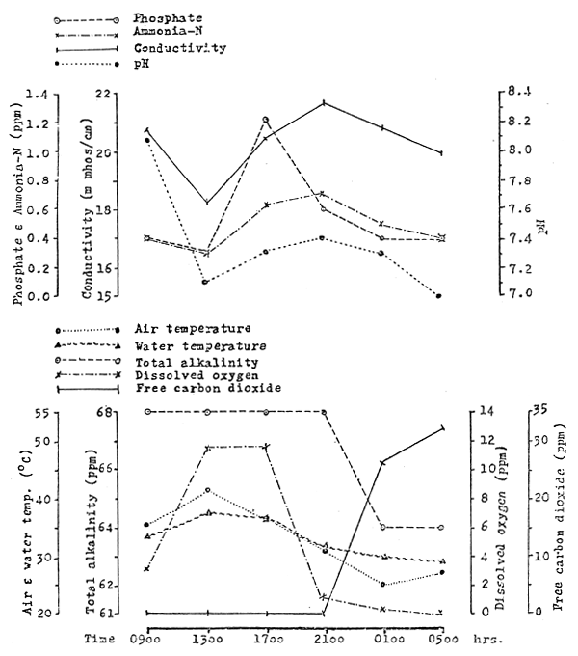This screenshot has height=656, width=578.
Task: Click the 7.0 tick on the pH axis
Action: [x=517, y=294]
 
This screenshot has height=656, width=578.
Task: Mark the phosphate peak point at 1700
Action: [x=265, y=119]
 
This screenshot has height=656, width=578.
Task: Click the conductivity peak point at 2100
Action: [x=325, y=101]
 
